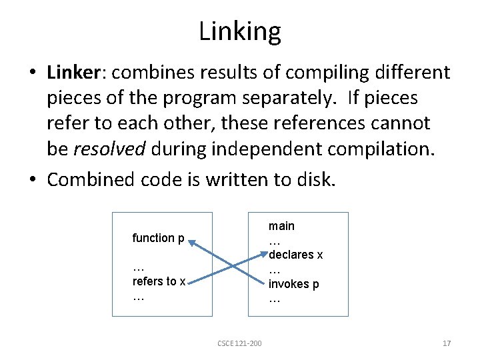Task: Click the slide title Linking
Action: pyautogui.click(x=240, y=31)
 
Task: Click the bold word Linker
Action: pyautogui.click(x=71, y=73)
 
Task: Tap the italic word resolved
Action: pyautogui.click(x=109, y=149)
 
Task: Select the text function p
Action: pyautogui.click(x=159, y=238)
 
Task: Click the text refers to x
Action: pyautogui.click(x=159, y=281)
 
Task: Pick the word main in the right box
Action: pyautogui.click(x=281, y=226)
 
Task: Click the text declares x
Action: pyautogui.click(x=297, y=255)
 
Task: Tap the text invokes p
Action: pyautogui.click(x=294, y=284)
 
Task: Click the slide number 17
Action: pyautogui.click(x=447, y=343)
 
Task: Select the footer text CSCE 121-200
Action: pyautogui.click(x=239, y=343)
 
